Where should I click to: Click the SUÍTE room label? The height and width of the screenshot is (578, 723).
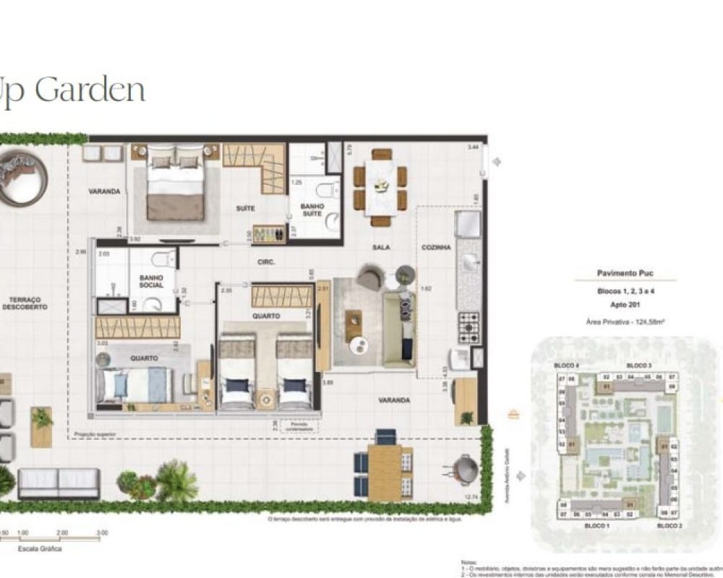(245, 208)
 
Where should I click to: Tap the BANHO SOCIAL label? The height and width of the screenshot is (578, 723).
(152, 281)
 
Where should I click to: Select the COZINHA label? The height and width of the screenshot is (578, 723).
(437, 247)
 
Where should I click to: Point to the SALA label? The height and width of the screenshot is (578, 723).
(381, 247)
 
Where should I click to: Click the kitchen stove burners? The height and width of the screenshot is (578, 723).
(469, 327)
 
